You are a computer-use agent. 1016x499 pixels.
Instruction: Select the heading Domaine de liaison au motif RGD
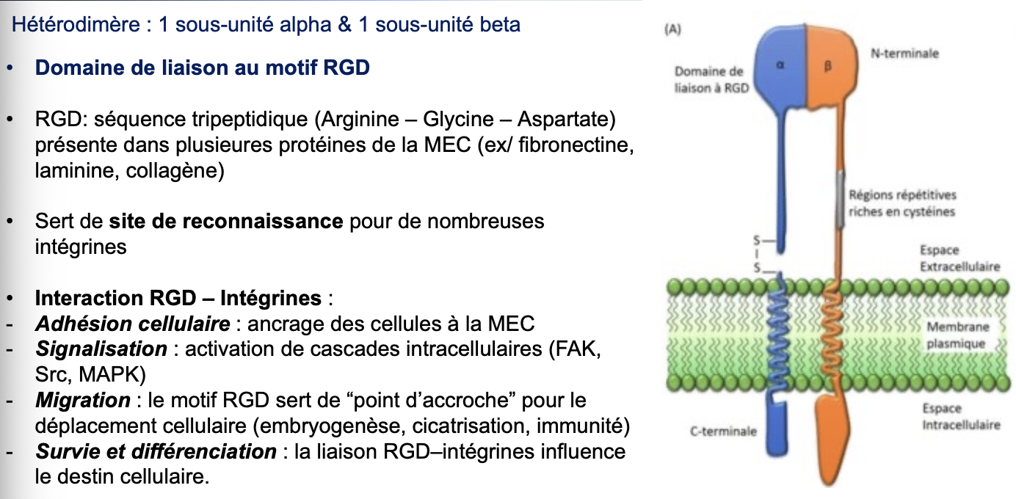tap(203, 68)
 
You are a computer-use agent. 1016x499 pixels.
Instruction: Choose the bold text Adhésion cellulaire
tap(133, 324)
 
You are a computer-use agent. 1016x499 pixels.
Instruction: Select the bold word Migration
tap(83, 401)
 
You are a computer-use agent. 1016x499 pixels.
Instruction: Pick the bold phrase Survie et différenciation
tap(156, 452)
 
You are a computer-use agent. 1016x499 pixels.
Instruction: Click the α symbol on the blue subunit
tap(781, 65)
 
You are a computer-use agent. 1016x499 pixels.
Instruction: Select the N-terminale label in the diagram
tap(904, 54)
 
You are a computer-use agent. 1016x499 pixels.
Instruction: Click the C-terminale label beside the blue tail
tap(723, 431)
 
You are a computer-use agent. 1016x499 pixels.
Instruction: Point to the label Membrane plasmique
tap(958, 335)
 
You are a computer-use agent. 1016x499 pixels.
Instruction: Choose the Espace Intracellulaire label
tap(961, 417)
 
